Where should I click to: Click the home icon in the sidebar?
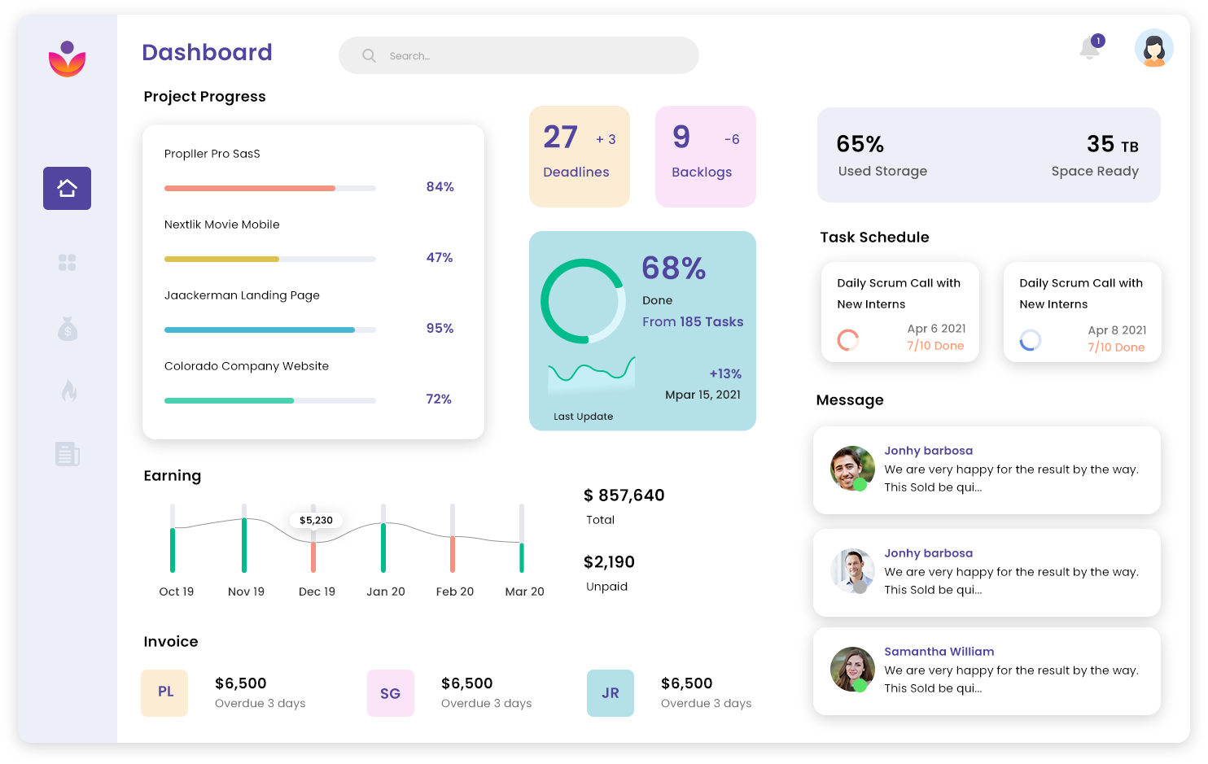(x=67, y=188)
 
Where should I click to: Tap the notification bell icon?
(x=1090, y=49)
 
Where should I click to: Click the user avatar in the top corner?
(x=1153, y=48)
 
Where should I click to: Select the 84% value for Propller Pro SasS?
(x=440, y=187)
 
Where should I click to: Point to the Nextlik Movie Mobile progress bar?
(x=269, y=259)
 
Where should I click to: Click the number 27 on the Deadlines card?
(x=560, y=138)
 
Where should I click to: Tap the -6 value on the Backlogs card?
(x=732, y=140)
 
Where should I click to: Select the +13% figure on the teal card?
(x=724, y=374)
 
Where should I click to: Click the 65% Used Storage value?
(x=860, y=145)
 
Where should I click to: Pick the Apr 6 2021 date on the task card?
(x=936, y=329)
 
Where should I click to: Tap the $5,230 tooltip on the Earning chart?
(x=316, y=520)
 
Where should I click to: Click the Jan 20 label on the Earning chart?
(x=385, y=592)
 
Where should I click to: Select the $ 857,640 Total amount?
(x=624, y=496)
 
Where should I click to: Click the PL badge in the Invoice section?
(x=164, y=692)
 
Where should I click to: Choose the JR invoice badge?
(x=610, y=693)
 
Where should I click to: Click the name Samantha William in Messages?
(x=939, y=652)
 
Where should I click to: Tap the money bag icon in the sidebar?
(x=67, y=329)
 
